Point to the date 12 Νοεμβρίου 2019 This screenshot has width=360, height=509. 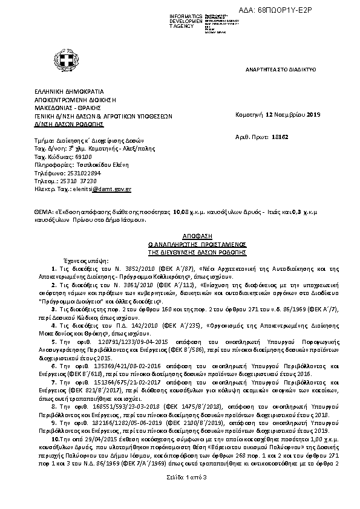click(290, 114)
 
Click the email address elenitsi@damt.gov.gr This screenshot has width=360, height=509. click(109, 189)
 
